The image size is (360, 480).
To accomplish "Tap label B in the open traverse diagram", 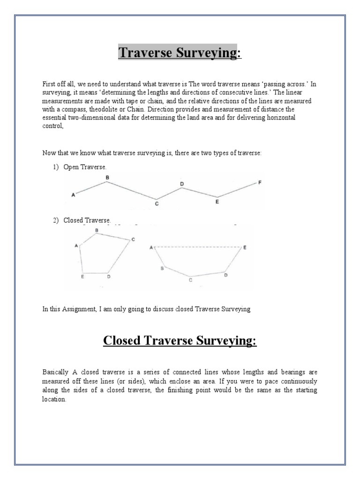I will (x=107, y=177).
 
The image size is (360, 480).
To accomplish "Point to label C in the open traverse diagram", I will (x=157, y=204).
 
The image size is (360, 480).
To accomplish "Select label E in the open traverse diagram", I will (x=217, y=202).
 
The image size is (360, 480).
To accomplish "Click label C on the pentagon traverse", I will (x=133, y=240).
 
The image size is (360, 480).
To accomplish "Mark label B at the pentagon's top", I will (x=97, y=230).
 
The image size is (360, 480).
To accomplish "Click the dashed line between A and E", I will (x=197, y=247).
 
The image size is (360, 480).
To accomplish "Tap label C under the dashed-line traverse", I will (x=190, y=280).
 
